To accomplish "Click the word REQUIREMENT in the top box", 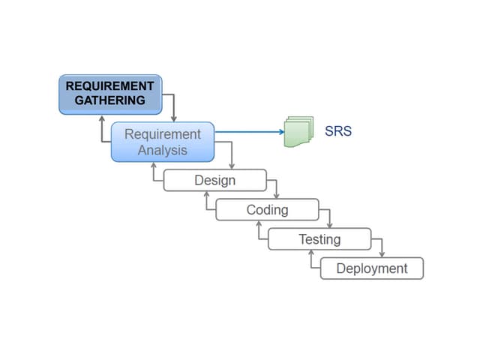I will click(x=109, y=86).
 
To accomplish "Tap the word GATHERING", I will click(x=109, y=100).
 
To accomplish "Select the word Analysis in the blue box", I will click(x=162, y=149).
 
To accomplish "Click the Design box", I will click(x=214, y=180).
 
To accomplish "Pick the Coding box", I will click(x=267, y=209).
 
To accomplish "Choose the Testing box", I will click(x=319, y=239).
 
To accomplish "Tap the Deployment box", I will click(x=372, y=268).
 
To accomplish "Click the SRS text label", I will click(x=338, y=131).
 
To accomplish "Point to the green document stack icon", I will click(x=298, y=132).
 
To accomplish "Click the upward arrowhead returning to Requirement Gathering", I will click(x=101, y=119).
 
